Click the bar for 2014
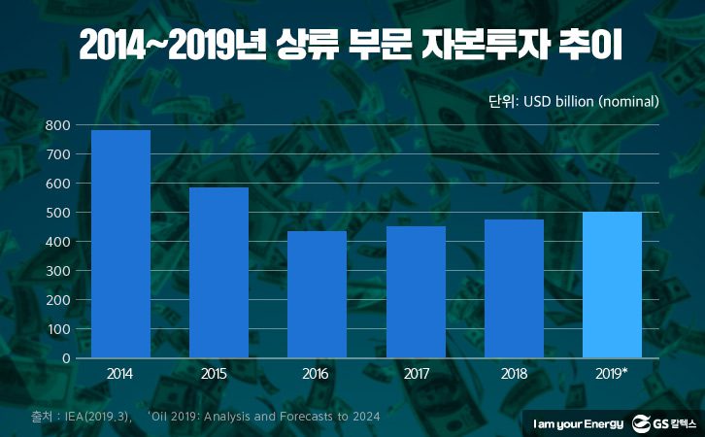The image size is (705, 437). point(120,244)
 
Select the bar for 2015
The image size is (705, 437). point(218,273)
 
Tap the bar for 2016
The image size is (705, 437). point(317,294)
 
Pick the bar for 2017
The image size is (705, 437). point(415,292)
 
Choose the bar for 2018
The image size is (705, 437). point(514,288)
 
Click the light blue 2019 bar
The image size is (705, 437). point(612,285)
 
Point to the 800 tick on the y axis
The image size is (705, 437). point(58,125)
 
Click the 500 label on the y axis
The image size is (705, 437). point(58,213)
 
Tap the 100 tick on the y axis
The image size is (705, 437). point(58,329)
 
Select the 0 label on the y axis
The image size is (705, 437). point(66,358)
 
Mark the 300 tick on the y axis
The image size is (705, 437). point(58,271)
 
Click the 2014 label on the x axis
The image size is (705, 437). point(120,374)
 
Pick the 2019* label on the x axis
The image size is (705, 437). point(613,374)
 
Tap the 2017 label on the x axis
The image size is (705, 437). point(415,374)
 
